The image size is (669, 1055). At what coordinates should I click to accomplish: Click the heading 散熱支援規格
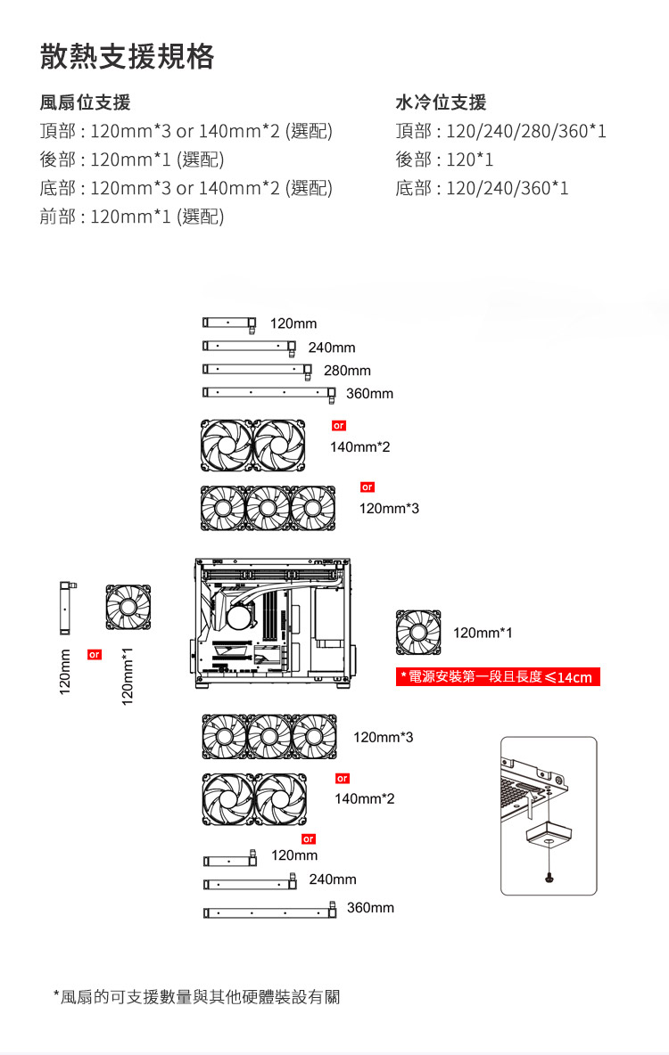(x=127, y=57)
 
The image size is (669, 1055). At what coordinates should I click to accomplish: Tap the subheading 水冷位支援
(x=441, y=102)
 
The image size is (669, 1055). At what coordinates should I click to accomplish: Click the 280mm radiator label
(x=347, y=370)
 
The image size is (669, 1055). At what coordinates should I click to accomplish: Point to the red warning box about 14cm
(x=498, y=677)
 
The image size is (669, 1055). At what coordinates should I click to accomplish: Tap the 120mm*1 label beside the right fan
(x=483, y=633)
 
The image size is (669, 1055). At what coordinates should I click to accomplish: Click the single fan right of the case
(x=418, y=632)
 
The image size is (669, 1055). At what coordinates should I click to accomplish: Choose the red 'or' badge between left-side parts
(x=94, y=655)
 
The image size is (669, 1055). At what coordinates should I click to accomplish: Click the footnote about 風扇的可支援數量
(x=196, y=996)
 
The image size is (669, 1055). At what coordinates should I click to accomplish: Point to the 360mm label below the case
(x=370, y=907)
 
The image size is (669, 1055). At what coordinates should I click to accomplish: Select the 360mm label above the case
(x=369, y=393)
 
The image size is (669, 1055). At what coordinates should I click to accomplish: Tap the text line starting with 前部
(x=131, y=217)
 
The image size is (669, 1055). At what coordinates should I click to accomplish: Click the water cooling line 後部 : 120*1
(x=444, y=159)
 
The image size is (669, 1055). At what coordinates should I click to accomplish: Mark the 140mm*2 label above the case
(x=359, y=446)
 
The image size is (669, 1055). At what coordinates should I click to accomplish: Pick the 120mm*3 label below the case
(x=384, y=737)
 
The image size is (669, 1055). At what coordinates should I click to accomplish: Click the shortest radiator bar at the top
(x=229, y=323)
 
